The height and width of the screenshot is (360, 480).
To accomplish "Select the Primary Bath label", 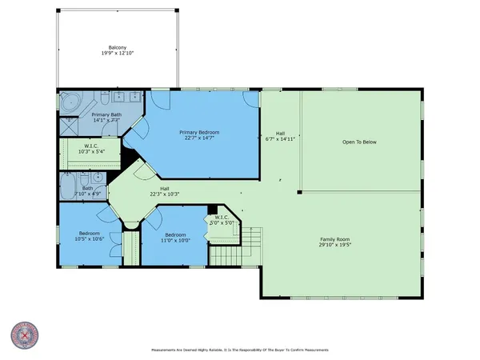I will [106, 115].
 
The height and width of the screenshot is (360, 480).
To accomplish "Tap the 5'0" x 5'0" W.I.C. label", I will [222, 219].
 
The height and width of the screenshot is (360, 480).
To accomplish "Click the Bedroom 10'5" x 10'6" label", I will [90, 236].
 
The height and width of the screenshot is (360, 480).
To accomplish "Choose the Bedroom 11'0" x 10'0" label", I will [175, 236].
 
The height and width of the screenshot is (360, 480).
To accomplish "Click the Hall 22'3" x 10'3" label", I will [163, 192].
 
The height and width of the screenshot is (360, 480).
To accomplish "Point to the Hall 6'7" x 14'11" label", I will [280, 137].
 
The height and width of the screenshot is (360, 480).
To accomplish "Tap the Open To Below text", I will [359, 142].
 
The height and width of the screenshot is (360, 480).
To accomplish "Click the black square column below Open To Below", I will [299, 192].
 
